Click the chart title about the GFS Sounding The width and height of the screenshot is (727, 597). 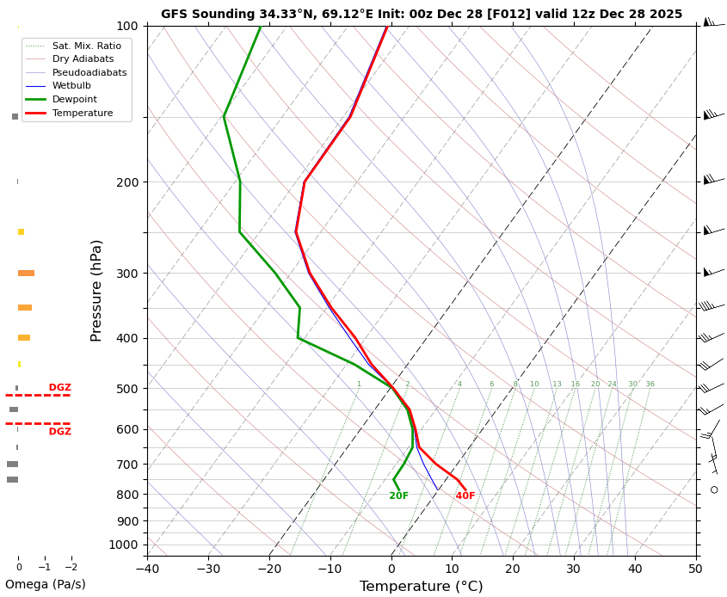pos(421,14)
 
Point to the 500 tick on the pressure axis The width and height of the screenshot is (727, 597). pos(126,389)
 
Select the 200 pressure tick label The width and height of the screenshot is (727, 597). pos(126,182)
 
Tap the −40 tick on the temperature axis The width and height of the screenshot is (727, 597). pos(147,569)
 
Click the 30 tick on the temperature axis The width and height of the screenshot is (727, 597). pos(574,569)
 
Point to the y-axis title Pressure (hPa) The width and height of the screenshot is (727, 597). pos(97,290)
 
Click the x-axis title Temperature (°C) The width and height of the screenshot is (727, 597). pos(421,587)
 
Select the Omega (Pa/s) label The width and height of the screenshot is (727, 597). pos(46,584)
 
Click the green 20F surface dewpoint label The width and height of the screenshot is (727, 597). pos(398,496)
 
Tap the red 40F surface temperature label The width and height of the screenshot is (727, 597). pos(465,496)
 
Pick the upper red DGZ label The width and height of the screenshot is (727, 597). pos(60,388)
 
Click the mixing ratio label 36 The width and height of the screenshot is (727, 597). pos(650,385)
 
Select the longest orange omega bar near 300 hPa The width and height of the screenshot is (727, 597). pos(26,274)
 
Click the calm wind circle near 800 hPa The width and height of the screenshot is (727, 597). pos(714,489)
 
